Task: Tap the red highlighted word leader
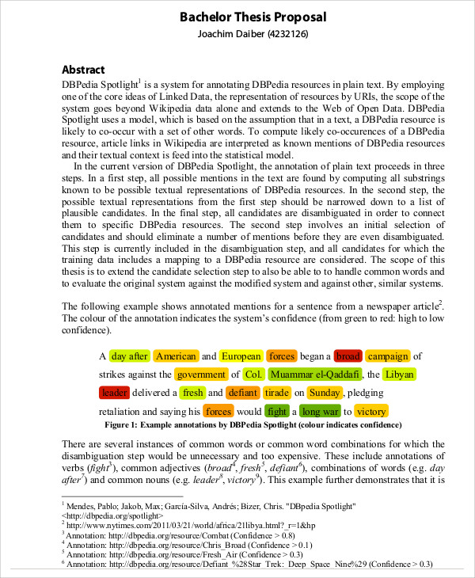pyautogui.click(x=115, y=392)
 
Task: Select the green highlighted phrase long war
pyautogui.click(x=320, y=411)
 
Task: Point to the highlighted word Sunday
pyautogui.click(x=325, y=392)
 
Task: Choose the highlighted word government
pyautogui.click(x=201, y=374)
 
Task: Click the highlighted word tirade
pyautogui.click(x=276, y=392)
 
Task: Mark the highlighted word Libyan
pyautogui.click(x=398, y=374)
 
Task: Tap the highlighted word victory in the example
pyautogui.click(x=370, y=411)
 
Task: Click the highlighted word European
pyautogui.click(x=241, y=356)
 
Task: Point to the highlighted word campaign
pyautogui.click(x=388, y=356)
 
